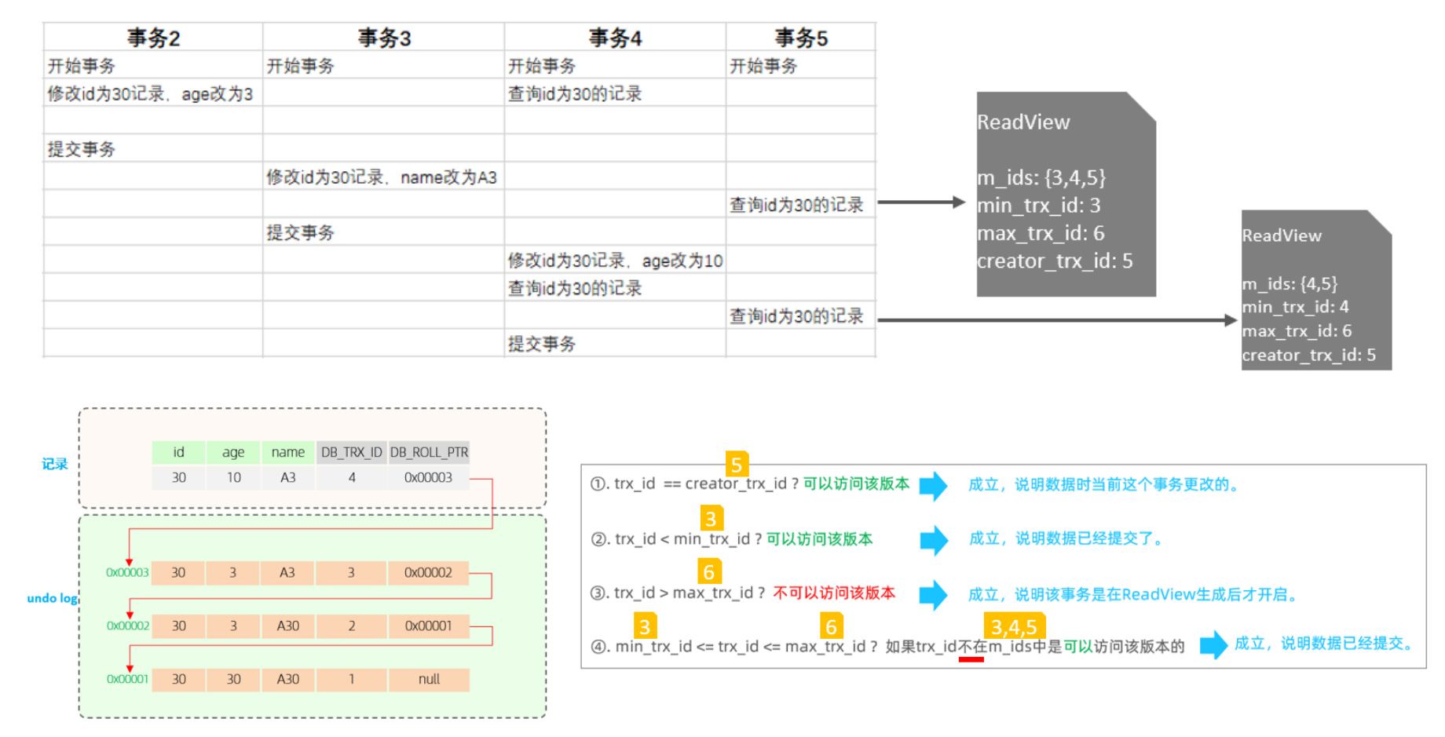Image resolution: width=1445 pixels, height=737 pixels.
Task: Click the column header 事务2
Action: (x=153, y=38)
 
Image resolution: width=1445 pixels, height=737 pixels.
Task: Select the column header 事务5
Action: (x=800, y=38)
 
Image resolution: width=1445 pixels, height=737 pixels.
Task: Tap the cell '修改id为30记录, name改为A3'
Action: (x=382, y=177)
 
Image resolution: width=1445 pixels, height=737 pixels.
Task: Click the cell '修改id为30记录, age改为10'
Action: (x=615, y=261)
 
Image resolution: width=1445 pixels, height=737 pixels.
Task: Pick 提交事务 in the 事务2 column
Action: (x=82, y=149)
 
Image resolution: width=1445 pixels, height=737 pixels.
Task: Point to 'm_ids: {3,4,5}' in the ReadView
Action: (x=1041, y=178)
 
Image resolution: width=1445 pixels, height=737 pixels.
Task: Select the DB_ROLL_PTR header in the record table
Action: (x=429, y=452)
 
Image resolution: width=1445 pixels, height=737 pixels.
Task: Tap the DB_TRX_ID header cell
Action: (x=351, y=452)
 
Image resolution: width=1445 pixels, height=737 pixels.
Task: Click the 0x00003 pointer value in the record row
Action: (x=428, y=477)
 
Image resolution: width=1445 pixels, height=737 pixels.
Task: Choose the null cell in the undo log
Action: (x=429, y=679)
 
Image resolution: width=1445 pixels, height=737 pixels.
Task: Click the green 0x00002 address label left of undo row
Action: (x=127, y=626)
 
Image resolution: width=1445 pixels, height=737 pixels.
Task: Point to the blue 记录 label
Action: (x=55, y=464)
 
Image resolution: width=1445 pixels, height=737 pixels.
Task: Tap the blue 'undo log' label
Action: (x=52, y=598)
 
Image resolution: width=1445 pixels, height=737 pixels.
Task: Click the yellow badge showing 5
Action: (x=737, y=464)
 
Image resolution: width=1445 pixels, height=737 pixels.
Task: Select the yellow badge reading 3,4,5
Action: (x=1014, y=626)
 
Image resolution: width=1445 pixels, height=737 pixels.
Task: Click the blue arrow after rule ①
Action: (x=933, y=485)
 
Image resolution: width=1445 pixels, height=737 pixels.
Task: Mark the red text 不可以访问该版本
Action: (x=834, y=593)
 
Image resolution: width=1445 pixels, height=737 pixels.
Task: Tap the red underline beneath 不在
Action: (x=971, y=659)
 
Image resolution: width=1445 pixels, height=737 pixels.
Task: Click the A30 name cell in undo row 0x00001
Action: (x=287, y=679)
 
